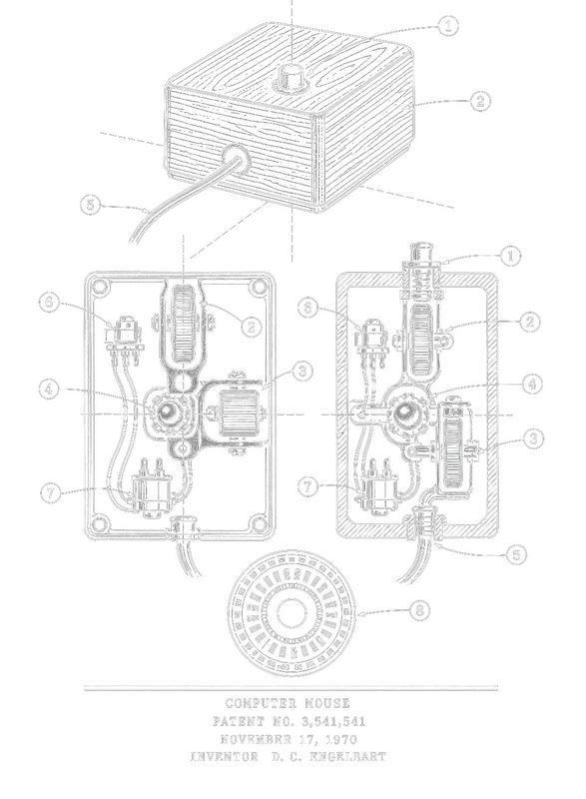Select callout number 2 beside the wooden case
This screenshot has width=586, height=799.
(479, 101)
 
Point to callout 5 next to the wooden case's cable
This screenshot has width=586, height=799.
(91, 205)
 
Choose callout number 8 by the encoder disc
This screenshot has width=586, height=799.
(419, 609)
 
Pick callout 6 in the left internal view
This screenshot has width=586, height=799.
(49, 303)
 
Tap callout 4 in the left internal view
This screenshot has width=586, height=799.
(49, 390)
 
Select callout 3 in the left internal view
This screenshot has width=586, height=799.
(302, 371)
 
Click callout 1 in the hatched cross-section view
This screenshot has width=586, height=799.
(511, 256)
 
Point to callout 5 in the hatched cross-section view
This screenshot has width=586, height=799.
(516, 554)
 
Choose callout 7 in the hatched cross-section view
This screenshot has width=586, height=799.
(308, 486)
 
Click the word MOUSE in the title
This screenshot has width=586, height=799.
(327, 704)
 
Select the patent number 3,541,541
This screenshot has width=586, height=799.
(332, 721)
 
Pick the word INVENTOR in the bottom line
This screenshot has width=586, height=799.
(224, 757)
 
